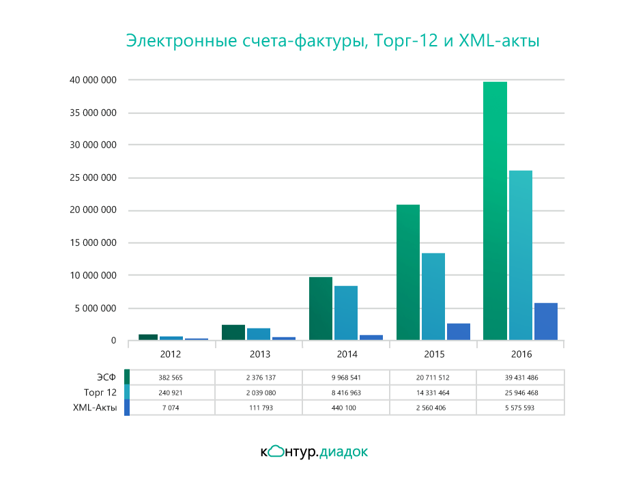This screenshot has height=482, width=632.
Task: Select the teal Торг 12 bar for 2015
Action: (x=433, y=296)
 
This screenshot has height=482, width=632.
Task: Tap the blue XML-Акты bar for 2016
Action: (x=546, y=322)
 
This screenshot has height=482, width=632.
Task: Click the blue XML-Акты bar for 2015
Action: (x=459, y=332)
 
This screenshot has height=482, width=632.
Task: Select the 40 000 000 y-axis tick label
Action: (x=94, y=80)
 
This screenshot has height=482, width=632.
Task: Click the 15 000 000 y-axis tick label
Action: (x=94, y=243)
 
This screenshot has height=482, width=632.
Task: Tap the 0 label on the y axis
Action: (x=114, y=341)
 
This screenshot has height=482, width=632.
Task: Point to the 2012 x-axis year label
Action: (x=171, y=354)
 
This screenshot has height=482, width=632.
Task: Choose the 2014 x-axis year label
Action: (x=346, y=354)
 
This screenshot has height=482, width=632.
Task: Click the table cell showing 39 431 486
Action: (x=521, y=378)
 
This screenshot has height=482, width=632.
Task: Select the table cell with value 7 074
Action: (x=171, y=408)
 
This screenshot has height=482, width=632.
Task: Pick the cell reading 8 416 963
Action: (x=346, y=393)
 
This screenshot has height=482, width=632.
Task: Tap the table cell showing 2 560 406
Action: (x=433, y=408)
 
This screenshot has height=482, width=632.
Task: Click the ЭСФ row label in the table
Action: (x=106, y=378)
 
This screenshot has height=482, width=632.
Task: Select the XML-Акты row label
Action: (x=95, y=408)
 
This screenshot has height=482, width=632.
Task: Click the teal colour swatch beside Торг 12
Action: (x=127, y=393)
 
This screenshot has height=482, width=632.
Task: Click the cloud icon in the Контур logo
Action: (x=276, y=451)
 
